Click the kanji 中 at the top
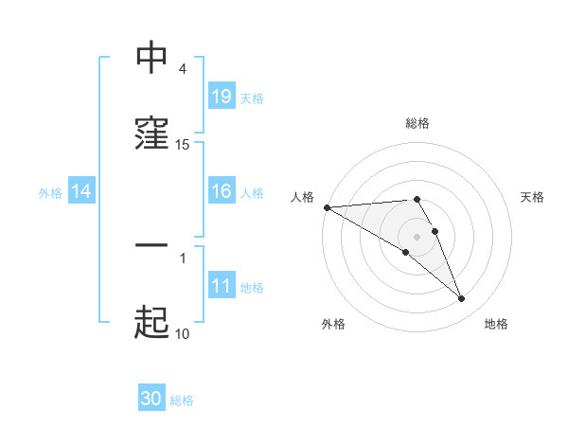(x=151, y=59)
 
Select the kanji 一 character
(x=151, y=245)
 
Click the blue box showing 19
(x=222, y=96)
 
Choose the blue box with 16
(x=222, y=191)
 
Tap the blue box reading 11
(x=222, y=286)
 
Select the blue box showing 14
(x=81, y=191)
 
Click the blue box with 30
(x=151, y=399)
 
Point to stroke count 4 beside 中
(x=183, y=69)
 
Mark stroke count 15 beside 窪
(x=183, y=145)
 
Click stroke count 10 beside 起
(x=182, y=333)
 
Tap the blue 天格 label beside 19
(x=251, y=98)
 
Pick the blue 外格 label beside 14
(x=50, y=192)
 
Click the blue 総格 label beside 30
(x=182, y=400)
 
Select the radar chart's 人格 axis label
(x=302, y=197)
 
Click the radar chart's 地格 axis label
(x=496, y=324)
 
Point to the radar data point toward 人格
(x=327, y=207)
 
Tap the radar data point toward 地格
(x=462, y=299)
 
